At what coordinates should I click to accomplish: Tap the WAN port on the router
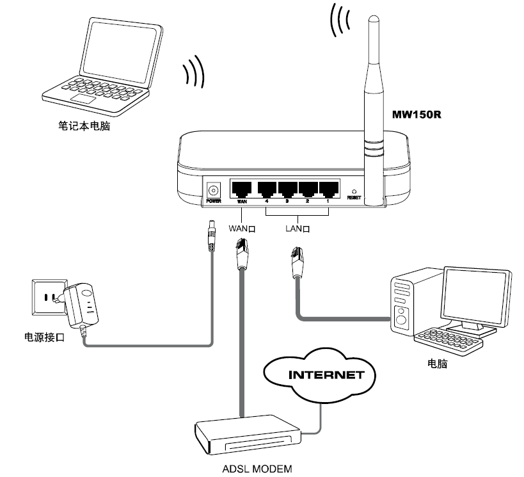[241, 189]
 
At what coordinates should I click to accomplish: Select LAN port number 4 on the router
[266, 189]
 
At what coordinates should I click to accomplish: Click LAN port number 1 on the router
[328, 189]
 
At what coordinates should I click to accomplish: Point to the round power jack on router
[213, 190]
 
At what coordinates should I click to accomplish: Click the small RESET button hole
[354, 191]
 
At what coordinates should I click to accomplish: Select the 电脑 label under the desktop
[436, 363]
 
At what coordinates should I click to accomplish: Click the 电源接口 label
[44, 337]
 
